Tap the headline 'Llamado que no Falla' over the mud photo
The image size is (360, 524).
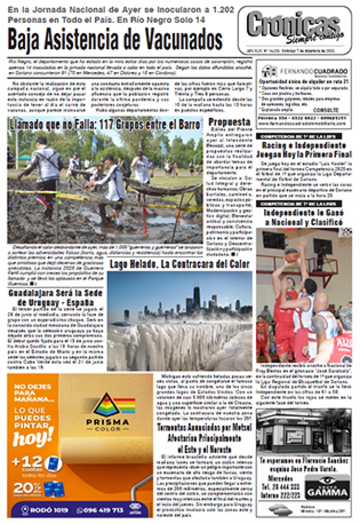pyautogui.click(x=105, y=124)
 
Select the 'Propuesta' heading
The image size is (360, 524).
pyautogui.click(x=229, y=122)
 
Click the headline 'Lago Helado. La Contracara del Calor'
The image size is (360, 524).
pyautogui.click(x=179, y=264)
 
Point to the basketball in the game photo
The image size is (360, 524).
pyautogui.click(x=291, y=256)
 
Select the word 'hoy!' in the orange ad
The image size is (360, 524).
pyautogui.click(x=33, y=437)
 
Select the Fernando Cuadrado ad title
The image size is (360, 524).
pyautogui.click(x=313, y=71)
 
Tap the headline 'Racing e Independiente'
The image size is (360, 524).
pyautogui.click(x=304, y=145)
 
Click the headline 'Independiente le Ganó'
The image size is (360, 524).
pyautogui.click(x=304, y=212)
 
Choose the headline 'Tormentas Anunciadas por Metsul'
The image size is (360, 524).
pyautogui.click(x=204, y=427)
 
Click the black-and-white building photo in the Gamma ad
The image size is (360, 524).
pyautogui.click(x=303, y=432)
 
